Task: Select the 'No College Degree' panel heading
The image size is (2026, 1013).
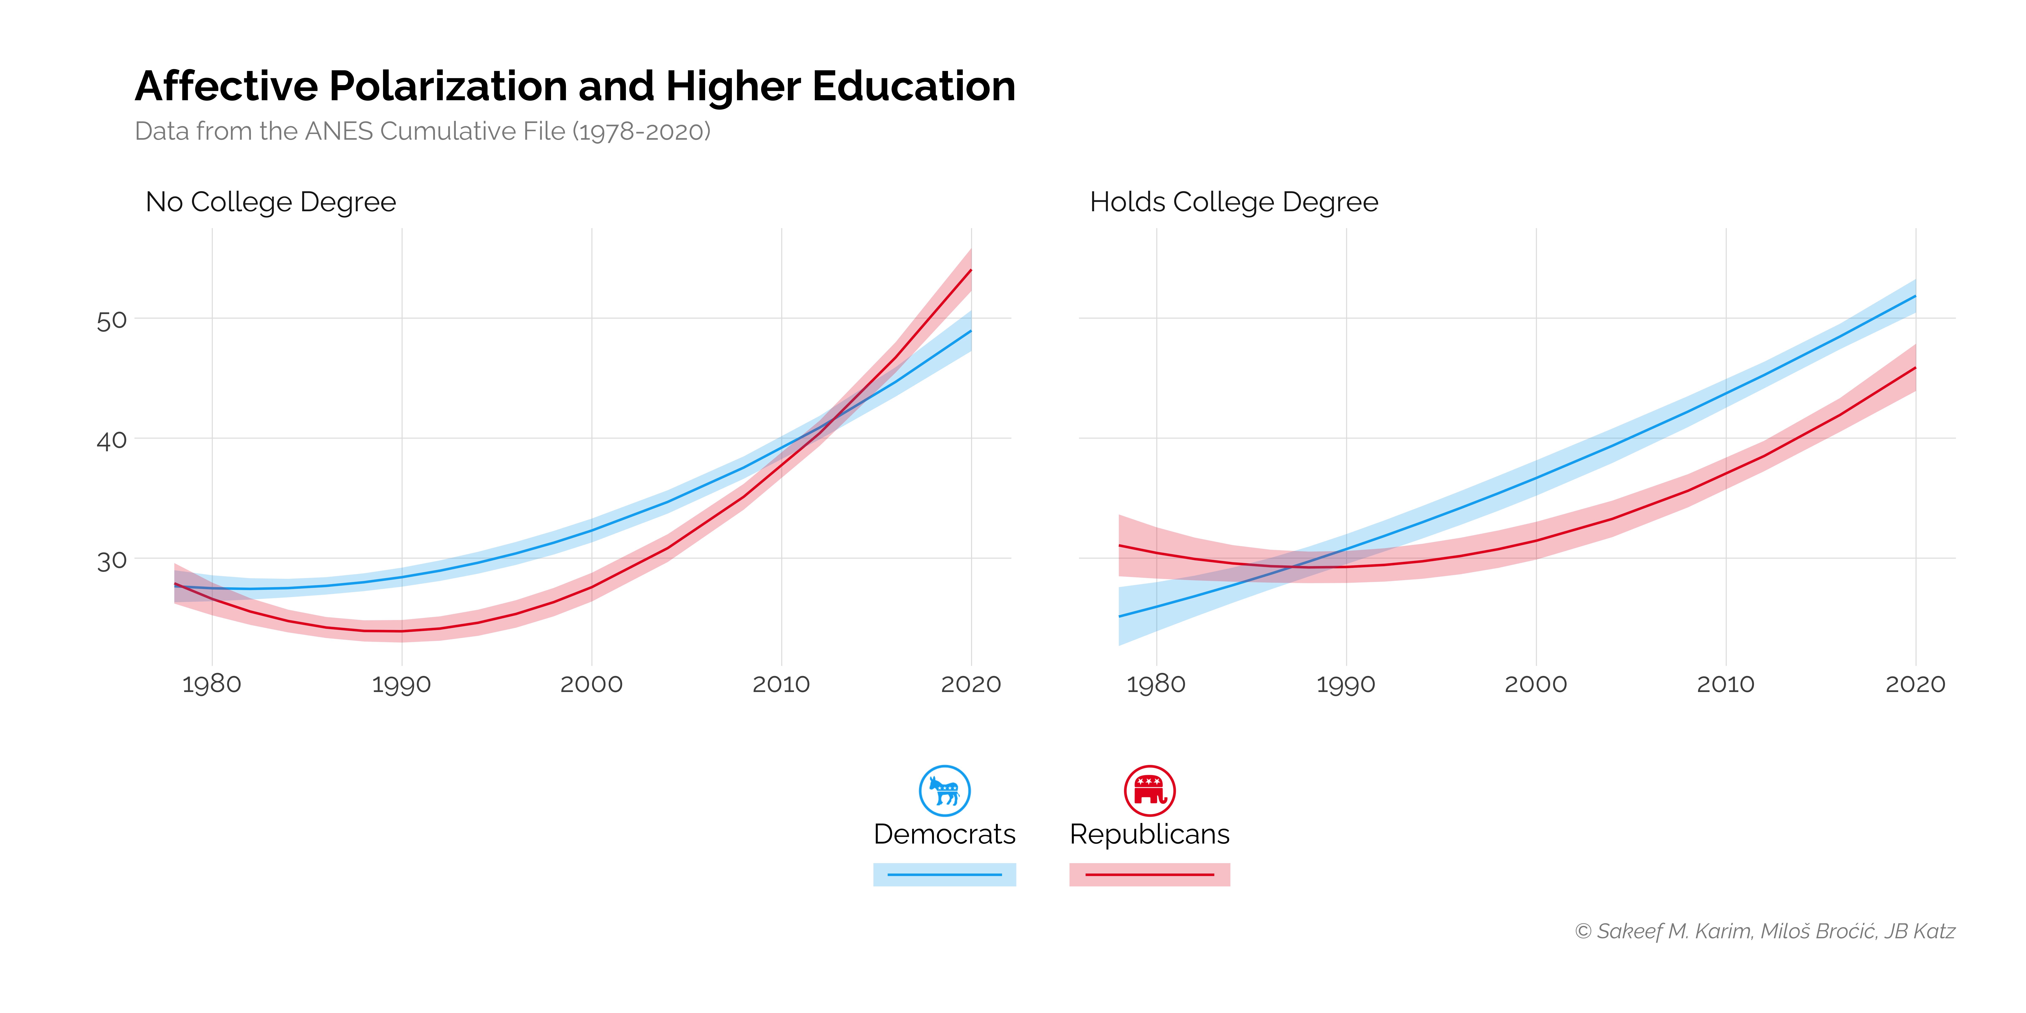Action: (x=271, y=202)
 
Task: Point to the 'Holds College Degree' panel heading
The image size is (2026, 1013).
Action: (x=1233, y=202)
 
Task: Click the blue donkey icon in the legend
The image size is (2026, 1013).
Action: (x=945, y=790)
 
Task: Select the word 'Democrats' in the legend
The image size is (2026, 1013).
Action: (x=945, y=834)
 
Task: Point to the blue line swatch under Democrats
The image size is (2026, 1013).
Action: (x=945, y=875)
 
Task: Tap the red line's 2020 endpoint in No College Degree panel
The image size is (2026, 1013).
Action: (x=971, y=271)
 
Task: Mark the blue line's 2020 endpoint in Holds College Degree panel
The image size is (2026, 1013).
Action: (x=1915, y=297)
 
